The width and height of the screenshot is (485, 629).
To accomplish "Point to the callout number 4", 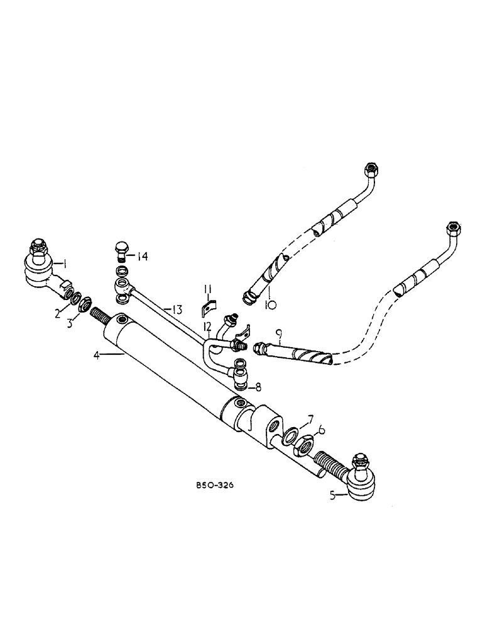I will click(96, 355).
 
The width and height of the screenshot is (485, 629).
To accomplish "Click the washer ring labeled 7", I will click(292, 436).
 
